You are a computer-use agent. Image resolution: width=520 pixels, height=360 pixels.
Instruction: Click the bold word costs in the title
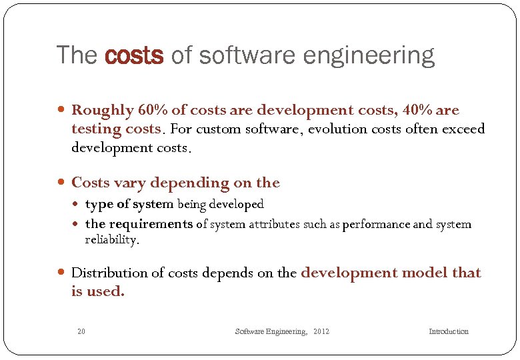click(134, 55)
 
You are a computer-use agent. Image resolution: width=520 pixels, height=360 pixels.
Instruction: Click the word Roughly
click(101, 110)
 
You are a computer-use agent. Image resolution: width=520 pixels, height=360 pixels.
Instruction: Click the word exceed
click(461, 129)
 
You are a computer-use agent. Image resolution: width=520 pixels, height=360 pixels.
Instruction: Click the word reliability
click(111, 240)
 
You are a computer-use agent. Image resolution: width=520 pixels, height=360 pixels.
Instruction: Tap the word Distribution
click(109, 273)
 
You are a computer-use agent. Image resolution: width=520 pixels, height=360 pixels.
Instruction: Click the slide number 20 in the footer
click(81, 331)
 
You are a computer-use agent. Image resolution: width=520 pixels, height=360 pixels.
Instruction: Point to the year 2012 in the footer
click(321, 331)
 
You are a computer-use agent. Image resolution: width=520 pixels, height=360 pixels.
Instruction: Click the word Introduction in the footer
click(449, 331)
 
